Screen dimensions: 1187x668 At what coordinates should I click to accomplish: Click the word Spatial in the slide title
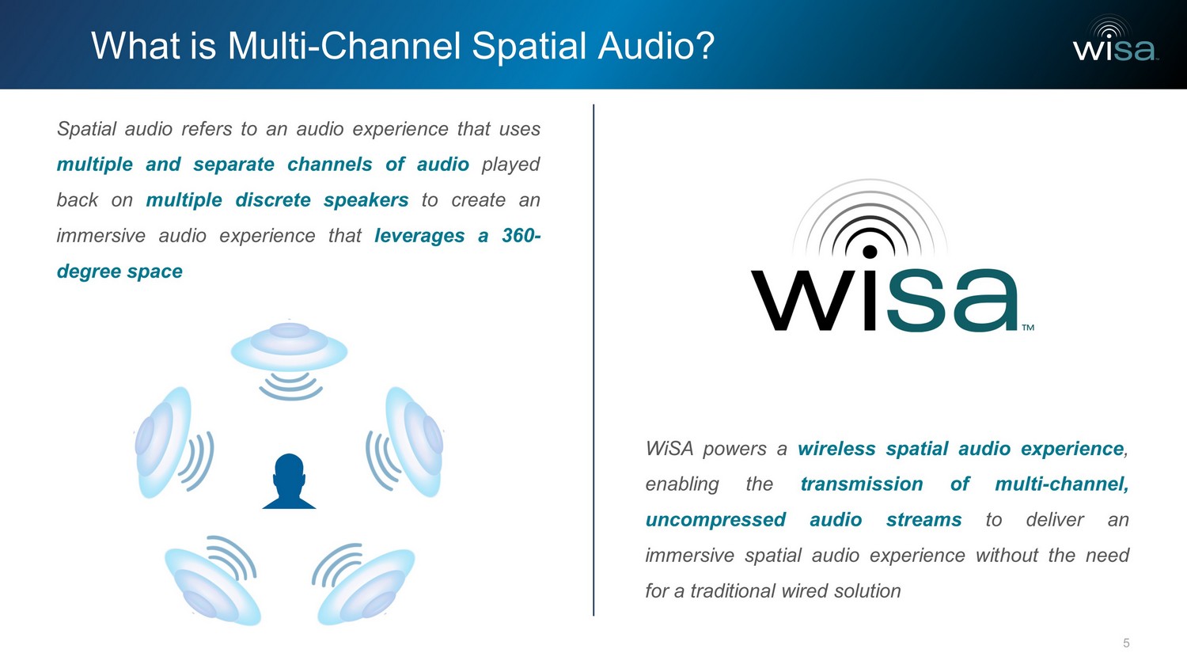(529, 47)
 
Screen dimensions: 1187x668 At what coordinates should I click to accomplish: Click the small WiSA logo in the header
(1115, 39)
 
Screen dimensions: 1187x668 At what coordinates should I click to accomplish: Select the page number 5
(1126, 643)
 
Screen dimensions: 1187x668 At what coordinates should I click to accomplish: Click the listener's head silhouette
(289, 481)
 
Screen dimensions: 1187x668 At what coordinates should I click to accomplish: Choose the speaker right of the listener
(415, 442)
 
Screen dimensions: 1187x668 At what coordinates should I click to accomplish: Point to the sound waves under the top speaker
(290, 386)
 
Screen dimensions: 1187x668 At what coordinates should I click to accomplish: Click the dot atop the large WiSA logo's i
(870, 252)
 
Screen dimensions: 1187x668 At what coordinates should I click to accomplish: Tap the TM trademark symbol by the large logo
(1028, 328)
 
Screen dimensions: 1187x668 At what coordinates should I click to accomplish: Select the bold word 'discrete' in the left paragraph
(273, 200)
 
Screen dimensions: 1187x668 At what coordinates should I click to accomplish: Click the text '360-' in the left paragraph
(521, 235)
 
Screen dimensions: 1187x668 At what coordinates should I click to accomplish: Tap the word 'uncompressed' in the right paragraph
(715, 520)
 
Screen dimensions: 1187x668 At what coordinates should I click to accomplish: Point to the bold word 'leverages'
(419, 236)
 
